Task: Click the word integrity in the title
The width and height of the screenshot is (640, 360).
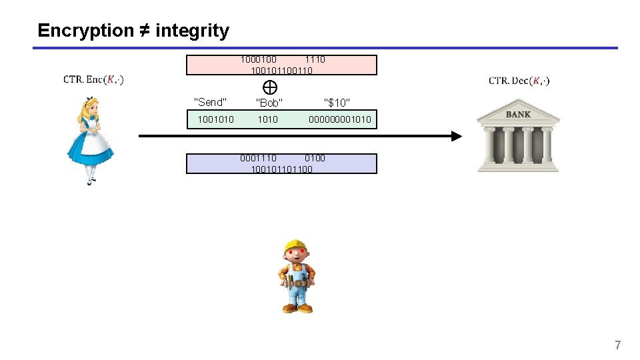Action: (192, 31)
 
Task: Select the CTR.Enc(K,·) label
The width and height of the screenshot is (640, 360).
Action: (93, 80)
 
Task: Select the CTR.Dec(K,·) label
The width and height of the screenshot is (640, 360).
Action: (519, 81)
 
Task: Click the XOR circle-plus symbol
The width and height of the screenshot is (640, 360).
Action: (270, 87)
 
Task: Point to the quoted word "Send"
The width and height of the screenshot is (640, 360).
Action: (210, 102)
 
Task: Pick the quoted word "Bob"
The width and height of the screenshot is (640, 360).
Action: (269, 103)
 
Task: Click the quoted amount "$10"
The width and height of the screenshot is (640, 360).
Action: (337, 103)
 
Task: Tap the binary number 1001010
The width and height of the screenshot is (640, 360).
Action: (215, 119)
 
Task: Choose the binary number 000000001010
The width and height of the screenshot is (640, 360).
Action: (339, 119)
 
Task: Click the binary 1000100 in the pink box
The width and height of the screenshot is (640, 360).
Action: (259, 59)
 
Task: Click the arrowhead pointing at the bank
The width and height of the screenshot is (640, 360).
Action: (455, 136)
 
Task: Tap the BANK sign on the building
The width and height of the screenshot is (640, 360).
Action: (518, 115)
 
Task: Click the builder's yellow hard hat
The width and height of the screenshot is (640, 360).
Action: (294, 247)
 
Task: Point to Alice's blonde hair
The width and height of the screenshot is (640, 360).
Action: (89, 107)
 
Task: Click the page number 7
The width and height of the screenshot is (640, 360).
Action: (617, 345)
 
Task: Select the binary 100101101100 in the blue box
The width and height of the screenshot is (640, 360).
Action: (281, 169)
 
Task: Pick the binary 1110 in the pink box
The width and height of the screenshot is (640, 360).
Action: (315, 59)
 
